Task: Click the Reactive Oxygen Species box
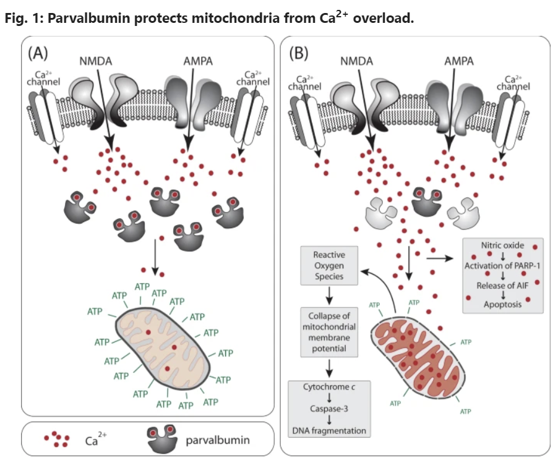[329, 266]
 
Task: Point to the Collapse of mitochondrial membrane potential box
[329, 332]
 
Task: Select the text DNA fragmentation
[328, 430]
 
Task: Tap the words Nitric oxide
[502, 245]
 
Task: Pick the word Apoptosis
[502, 304]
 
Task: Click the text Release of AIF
[502, 285]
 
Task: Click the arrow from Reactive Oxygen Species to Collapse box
[329, 296]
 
